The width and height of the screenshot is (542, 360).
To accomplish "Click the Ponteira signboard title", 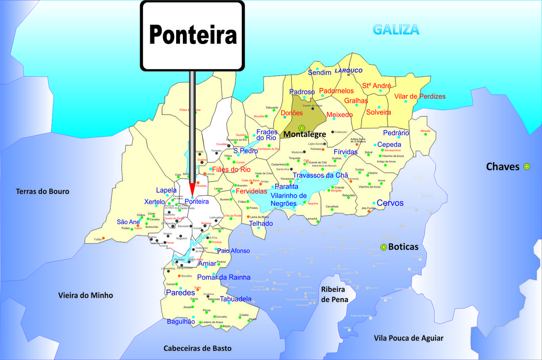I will click(193, 34).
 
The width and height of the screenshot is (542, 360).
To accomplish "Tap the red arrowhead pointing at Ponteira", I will click(192, 188).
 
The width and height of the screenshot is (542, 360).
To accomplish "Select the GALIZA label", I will click(396, 30).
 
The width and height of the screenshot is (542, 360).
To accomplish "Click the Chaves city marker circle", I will click(527, 166).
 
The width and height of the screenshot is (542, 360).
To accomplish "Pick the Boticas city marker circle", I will click(384, 247).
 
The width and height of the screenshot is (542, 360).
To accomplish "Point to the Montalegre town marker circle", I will click(301, 128).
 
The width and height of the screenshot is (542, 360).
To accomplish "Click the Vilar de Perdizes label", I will click(420, 97).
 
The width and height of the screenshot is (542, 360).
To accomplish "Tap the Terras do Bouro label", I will click(42, 191).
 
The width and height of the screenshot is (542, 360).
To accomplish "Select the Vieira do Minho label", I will click(86, 295).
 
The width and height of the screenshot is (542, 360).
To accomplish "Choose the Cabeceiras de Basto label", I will click(198, 348).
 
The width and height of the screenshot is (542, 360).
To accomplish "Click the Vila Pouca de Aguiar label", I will click(409, 338).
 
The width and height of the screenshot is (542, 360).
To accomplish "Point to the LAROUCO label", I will click(348, 70).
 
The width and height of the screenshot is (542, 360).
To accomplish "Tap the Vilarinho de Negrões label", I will click(288, 199).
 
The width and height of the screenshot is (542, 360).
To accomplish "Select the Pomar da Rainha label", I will click(224, 277).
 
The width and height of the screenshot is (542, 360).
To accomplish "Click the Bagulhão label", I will click(181, 321).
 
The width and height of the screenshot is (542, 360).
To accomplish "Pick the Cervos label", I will click(390, 203).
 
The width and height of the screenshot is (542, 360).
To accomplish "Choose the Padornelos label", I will click(336, 91).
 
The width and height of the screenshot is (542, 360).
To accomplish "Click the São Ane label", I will click(128, 222).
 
